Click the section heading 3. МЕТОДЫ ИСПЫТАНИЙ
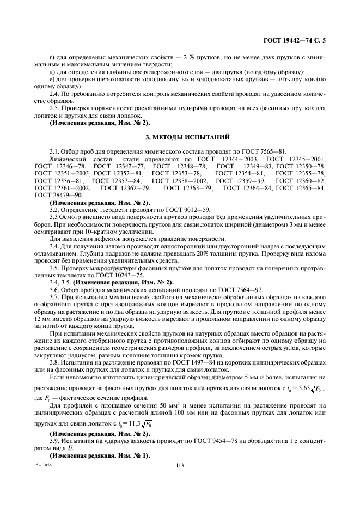coord(180,135)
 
